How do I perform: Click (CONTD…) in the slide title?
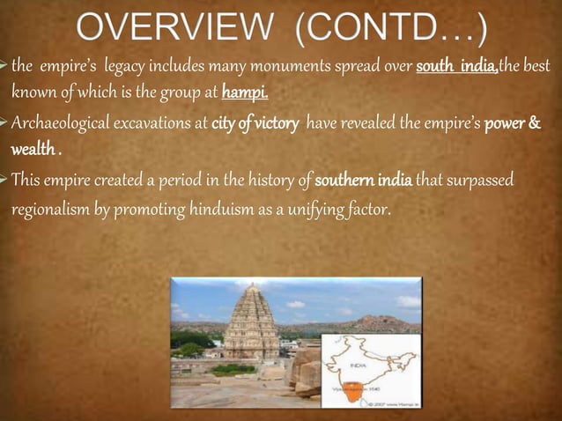[390, 28]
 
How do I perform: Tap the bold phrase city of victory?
[254, 120]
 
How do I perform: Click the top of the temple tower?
[249, 290]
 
